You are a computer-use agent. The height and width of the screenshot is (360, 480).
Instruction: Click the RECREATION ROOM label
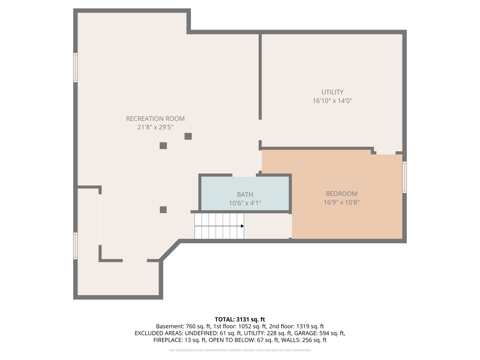[x=155, y=119]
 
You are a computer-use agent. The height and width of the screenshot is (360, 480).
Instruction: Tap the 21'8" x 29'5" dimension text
[x=155, y=127]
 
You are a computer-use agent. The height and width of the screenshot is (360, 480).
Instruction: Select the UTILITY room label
[x=332, y=92]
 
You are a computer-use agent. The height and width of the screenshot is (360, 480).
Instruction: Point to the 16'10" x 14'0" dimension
[x=332, y=101]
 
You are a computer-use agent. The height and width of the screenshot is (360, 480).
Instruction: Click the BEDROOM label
[x=341, y=194]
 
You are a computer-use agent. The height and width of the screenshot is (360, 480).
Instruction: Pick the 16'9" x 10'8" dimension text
[x=341, y=202]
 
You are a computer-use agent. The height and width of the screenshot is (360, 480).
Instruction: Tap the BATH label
[x=245, y=195]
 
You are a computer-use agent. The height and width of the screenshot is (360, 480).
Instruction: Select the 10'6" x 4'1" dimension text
[x=245, y=203]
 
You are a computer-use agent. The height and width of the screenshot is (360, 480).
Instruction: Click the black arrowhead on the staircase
[x=242, y=226]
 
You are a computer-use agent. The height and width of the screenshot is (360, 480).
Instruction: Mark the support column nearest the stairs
[x=163, y=210]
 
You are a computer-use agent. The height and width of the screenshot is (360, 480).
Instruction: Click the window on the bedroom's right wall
[x=404, y=177]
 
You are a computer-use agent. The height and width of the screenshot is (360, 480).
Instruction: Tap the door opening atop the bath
[x=244, y=175]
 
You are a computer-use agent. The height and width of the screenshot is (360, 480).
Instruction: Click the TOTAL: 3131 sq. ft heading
[x=240, y=319]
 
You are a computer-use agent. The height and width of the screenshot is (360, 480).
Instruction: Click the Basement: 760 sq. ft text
[x=183, y=326]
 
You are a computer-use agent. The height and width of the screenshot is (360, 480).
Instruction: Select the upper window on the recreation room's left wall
[x=76, y=68]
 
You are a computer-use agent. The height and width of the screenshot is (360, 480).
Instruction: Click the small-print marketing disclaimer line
[x=240, y=350]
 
